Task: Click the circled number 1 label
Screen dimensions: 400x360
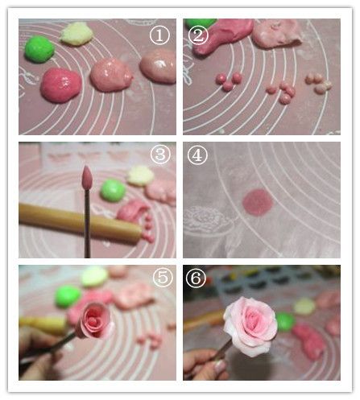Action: click(x=159, y=35)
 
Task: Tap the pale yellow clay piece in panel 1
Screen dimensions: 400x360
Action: click(x=77, y=33)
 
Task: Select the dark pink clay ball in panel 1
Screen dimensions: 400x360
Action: click(x=60, y=85)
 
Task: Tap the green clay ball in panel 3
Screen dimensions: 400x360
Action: click(x=112, y=190)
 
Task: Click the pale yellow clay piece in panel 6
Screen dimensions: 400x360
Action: click(x=304, y=306)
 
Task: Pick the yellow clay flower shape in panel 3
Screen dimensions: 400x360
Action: click(x=141, y=175)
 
